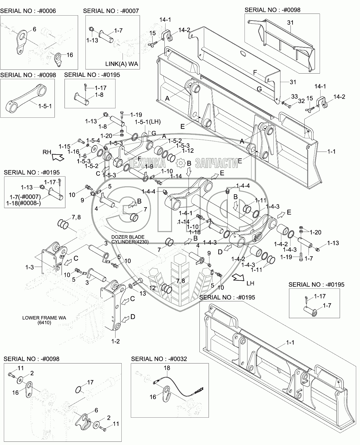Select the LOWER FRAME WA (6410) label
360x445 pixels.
tap(44, 320)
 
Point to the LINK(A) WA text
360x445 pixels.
tap(122, 64)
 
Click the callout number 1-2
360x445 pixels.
tap(115, 341)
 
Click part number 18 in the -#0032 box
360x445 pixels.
tap(167, 368)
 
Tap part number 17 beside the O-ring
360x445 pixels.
tap(90, 383)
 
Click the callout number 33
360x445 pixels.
tap(286, 96)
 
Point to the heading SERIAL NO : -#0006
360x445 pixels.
tap(28, 11)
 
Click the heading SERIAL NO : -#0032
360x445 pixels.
tap(159, 359)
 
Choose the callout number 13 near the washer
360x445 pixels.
tap(143, 293)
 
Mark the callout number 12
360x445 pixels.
tap(152, 288)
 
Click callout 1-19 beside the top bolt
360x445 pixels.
tap(136, 114)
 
